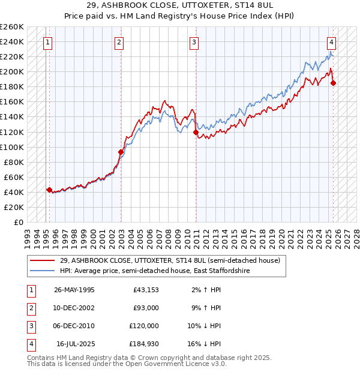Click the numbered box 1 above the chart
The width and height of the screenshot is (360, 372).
pyautogui.click(x=47, y=42)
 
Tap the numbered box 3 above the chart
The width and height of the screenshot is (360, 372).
pyautogui.click(x=195, y=42)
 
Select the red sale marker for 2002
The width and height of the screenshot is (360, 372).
pyautogui.click(x=121, y=152)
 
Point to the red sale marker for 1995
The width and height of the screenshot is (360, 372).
pyautogui.click(x=49, y=190)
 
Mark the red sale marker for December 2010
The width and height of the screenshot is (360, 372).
pyautogui.click(x=196, y=132)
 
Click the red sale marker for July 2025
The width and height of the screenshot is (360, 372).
pyautogui.click(x=333, y=83)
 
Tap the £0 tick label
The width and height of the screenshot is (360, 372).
pyautogui.click(x=18, y=222)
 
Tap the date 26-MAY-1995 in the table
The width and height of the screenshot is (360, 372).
pyautogui.click(x=74, y=290)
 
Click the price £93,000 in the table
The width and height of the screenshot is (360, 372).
pyautogui.click(x=146, y=308)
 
